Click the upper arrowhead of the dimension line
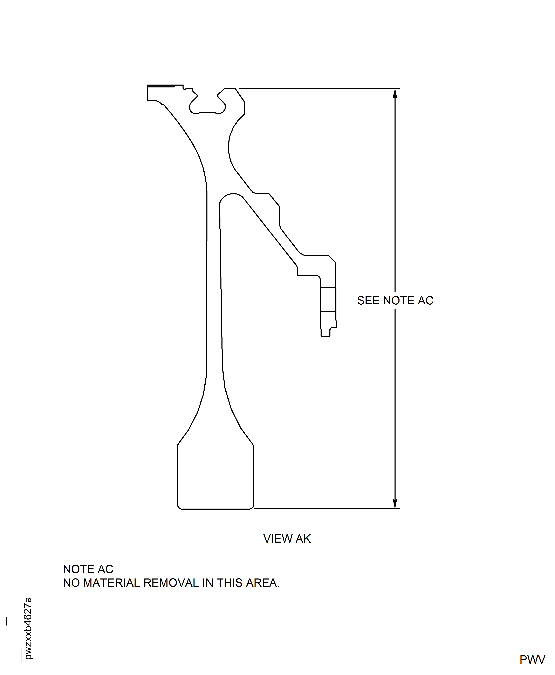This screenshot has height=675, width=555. [x=395, y=93]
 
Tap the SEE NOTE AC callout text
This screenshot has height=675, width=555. [x=395, y=300]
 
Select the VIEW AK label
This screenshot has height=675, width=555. [x=287, y=539]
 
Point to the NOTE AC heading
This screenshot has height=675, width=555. [x=88, y=569]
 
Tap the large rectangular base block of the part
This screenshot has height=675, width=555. [x=215, y=477]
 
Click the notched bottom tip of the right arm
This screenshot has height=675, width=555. [x=328, y=331]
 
